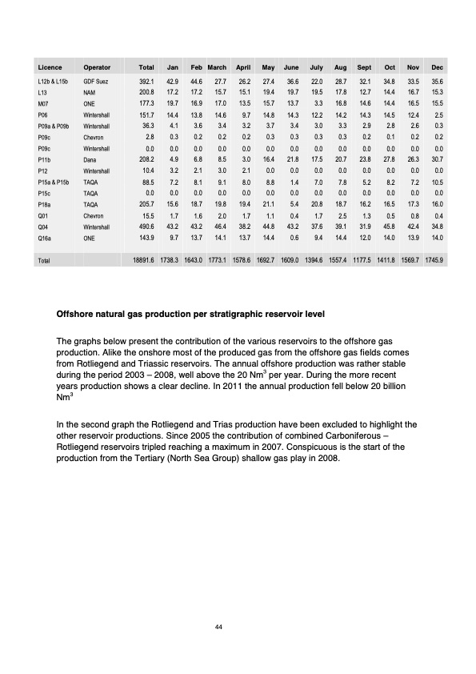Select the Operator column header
click(x=97, y=67)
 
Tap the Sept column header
click(x=362, y=67)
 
